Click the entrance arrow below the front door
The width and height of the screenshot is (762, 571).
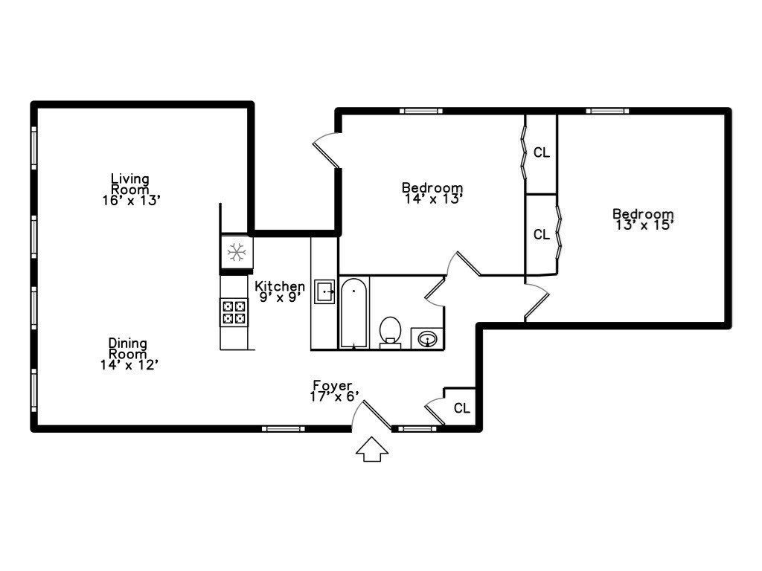(x=373, y=449)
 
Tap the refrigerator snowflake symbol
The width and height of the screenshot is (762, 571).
(x=237, y=253)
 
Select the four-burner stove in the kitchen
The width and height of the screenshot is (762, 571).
(x=234, y=312)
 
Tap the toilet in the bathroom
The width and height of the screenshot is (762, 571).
(x=390, y=331)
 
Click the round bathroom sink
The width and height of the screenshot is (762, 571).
(x=427, y=339)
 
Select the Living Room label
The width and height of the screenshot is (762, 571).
(x=130, y=184)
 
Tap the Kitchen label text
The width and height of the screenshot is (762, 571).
(x=280, y=286)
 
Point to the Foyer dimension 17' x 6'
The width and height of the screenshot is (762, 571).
(x=334, y=397)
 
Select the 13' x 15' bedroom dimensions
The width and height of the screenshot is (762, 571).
(x=644, y=224)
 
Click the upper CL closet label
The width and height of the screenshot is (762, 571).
(x=542, y=153)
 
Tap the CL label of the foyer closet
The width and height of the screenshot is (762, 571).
(x=462, y=408)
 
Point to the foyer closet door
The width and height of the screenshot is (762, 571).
(x=435, y=411)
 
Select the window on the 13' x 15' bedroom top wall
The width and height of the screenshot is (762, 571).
(x=607, y=111)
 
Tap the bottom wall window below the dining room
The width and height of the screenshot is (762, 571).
(x=283, y=428)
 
